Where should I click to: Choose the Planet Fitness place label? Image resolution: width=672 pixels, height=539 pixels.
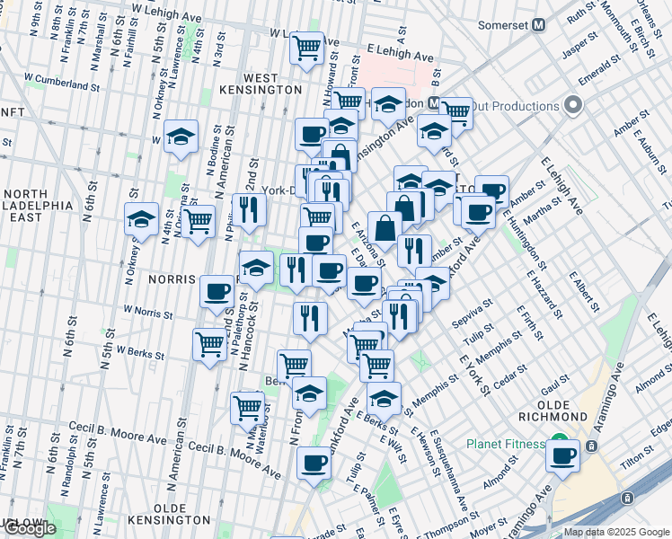[x=505, y=445]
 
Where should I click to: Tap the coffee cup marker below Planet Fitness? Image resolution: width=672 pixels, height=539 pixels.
[x=563, y=455]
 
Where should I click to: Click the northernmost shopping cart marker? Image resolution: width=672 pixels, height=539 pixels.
[x=307, y=47]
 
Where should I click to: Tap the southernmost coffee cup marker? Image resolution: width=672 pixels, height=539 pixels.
[x=314, y=464]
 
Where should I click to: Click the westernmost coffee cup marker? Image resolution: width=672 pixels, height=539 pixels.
[x=217, y=291]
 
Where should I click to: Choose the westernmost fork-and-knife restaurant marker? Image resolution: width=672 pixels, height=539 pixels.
[x=249, y=210]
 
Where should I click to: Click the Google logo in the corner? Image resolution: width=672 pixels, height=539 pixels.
[x=30, y=528]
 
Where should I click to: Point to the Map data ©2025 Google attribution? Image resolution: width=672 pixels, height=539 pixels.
[x=616, y=532]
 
